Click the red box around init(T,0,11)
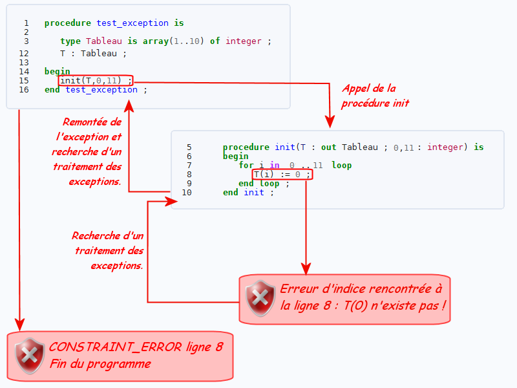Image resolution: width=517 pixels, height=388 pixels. [x=96, y=81]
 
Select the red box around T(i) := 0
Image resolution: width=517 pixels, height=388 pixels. [x=282, y=175]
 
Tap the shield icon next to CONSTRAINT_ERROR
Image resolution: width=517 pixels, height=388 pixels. [x=30, y=356]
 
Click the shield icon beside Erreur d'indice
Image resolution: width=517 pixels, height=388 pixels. [x=260, y=298]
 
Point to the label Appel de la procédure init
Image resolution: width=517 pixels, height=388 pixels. [x=375, y=96]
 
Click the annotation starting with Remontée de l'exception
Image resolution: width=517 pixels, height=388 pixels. [x=89, y=151]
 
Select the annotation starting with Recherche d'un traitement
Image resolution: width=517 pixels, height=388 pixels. [x=109, y=250]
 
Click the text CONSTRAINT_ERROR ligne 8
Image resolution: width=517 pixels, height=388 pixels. [x=136, y=347]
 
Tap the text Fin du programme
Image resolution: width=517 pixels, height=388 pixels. [x=100, y=364]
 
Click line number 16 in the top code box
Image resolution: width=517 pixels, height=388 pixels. [x=24, y=90]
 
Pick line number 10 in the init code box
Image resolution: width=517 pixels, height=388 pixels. [x=187, y=193]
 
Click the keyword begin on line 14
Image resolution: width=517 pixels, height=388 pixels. [x=57, y=72]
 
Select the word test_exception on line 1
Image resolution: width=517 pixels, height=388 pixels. [x=132, y=23]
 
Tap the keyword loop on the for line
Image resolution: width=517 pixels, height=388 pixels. [x=341, y=166]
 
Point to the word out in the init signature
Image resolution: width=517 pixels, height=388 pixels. [x=328, y=147]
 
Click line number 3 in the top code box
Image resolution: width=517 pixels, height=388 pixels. [x=26, y=41]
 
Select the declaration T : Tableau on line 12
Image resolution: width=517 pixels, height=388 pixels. [x=89, y=54]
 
